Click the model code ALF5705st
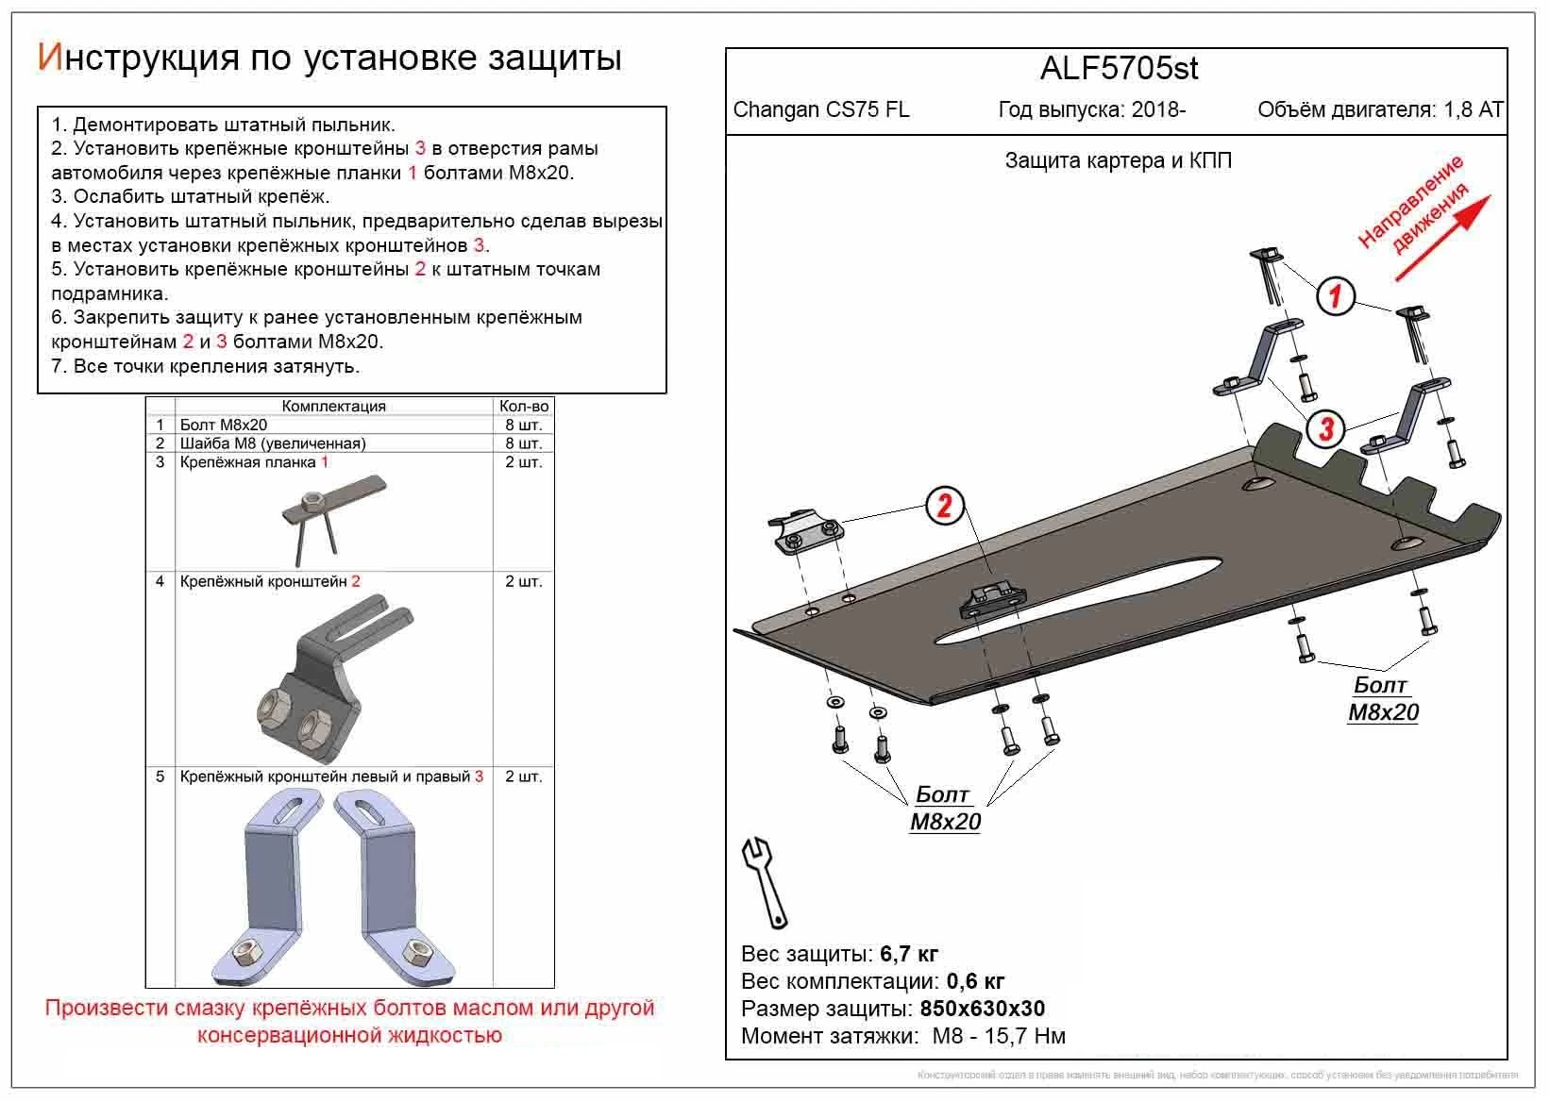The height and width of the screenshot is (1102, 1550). point(1119,69)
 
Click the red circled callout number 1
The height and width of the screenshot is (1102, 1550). point(1335,296)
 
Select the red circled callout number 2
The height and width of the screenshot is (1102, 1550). point(944,507)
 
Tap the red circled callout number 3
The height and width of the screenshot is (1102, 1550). point(1325,429)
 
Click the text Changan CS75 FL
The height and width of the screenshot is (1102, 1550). point(821,109)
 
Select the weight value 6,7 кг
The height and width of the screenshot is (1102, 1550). point(909,954)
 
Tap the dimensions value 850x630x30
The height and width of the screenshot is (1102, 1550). point(982,1009)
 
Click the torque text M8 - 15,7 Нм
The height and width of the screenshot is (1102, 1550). point(999,1036)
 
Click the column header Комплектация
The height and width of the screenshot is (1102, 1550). point(333,407)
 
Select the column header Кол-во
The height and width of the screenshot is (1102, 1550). point(524,407)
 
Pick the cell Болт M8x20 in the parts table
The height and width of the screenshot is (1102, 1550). point(224,426)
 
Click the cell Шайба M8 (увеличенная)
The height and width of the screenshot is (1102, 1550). point(273,443)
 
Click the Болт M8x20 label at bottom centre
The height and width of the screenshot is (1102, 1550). point(945,809)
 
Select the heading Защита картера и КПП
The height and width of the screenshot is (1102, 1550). point(1118,160)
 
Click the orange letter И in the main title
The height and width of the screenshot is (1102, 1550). point(49,58)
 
